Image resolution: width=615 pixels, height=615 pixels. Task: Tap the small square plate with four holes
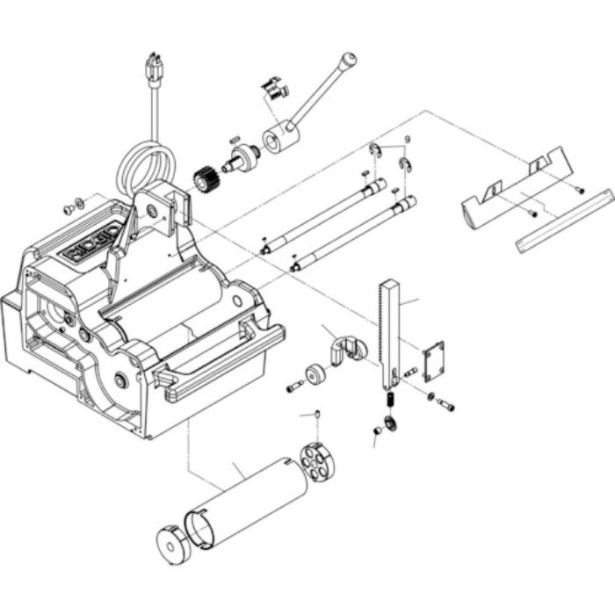(433, 361)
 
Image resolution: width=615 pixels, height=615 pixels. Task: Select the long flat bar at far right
(565, 220)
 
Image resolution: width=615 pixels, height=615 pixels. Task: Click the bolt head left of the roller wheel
(293, 387)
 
